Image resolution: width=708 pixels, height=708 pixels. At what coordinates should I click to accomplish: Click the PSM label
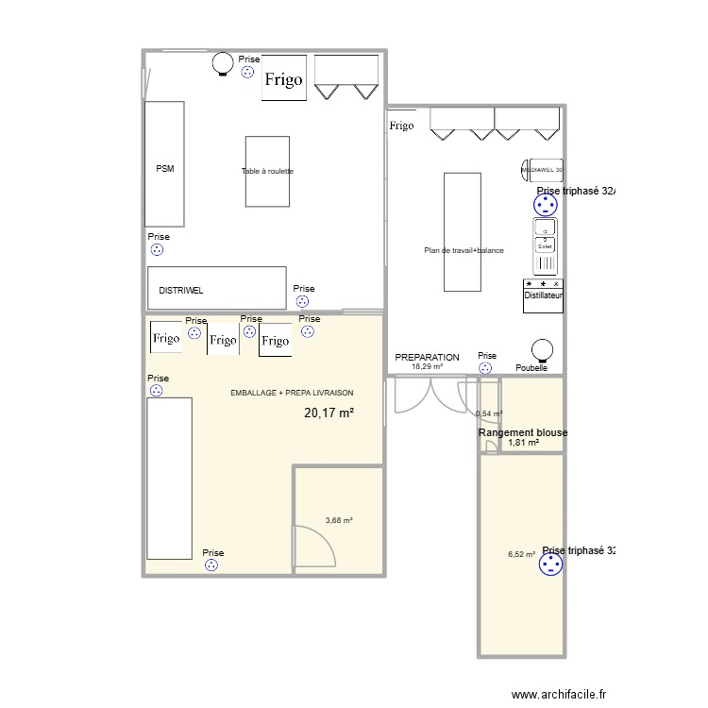click(x=165, y=169)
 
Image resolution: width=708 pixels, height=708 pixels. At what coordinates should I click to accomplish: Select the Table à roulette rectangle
click(x=267, y=171)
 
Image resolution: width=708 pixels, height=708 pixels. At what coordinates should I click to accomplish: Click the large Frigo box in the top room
click(x=283, y=79)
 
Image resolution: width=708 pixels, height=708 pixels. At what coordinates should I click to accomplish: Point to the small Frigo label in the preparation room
click(x=401, y=126)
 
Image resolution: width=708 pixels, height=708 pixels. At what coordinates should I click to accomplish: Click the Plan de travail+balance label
click(x=464, y=250)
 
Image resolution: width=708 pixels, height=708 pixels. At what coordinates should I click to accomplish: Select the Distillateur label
click(x=543, y=295)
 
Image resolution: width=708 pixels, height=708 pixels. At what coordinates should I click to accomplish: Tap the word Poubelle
click(x=531, y=368)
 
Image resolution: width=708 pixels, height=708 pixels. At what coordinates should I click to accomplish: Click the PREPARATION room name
click(x=427, y=357)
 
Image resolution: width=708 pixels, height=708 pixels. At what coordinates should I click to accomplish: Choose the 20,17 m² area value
click(x=329, y=413)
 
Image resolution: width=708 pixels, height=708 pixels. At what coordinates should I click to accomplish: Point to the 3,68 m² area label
click(x=338, y=520)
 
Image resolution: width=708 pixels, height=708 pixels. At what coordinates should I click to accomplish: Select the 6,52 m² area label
click(x=521, y=555)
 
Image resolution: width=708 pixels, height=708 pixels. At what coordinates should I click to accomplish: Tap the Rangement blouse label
click(x=523, y=432)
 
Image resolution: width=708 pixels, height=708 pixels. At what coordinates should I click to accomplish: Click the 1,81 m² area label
click(x=523, y=443)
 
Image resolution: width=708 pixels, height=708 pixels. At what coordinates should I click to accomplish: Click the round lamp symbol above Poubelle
click(x=542, y=348)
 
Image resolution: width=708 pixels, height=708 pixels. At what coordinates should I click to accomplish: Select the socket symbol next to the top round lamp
click(x=248, y=72)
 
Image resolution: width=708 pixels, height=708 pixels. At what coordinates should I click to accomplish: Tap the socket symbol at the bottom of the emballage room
click(x=211, y=565)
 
